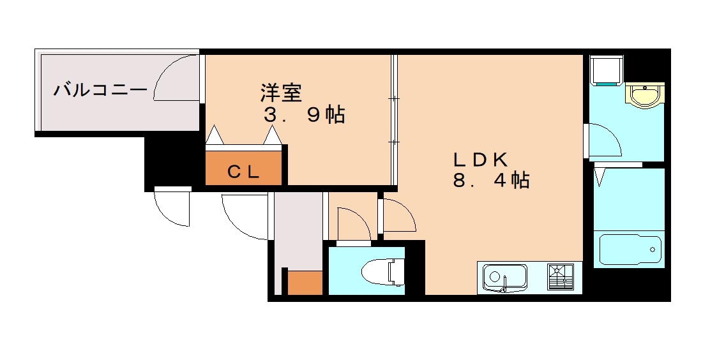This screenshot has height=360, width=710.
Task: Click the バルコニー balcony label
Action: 100,90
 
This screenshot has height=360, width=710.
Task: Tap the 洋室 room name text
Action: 280,93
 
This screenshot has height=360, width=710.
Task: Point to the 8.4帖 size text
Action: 491,181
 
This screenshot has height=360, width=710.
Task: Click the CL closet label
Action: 243,171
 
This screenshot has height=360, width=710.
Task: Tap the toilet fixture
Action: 382,272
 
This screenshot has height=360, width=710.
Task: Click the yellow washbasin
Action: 646,95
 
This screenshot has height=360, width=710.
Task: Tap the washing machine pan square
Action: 606,70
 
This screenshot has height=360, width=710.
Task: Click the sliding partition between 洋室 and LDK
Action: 394,121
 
